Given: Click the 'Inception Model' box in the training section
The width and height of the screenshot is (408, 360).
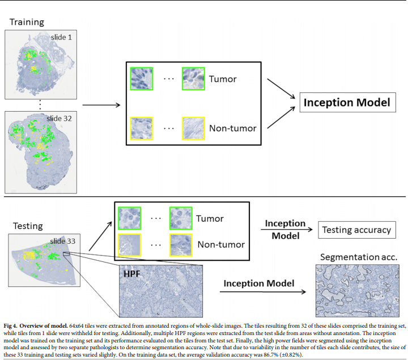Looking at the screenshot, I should click(x=347, y=103).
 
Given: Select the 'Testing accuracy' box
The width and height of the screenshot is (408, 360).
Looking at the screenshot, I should click(x=356, y=230).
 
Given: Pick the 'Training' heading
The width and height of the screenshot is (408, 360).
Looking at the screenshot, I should click(x=27, y=22).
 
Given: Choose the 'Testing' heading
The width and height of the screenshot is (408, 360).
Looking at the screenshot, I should click(x=27, y=226).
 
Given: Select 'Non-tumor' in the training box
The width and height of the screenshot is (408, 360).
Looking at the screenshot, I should click(x=233, y=128).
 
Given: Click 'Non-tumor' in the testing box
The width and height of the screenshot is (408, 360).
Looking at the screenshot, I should click(x=220, y=244).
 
